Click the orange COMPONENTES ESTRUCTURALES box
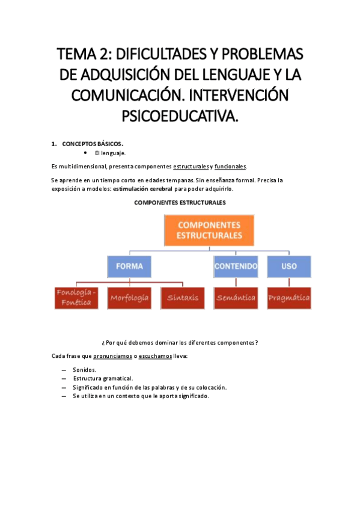click(209, 230)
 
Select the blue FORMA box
click(129, 266)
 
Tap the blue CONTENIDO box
click(236, 266)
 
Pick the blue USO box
click(289, 266)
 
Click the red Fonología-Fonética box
click(76, 298)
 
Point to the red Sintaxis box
click(180, 298)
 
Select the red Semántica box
click(236, 298)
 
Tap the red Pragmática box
click(289, 298)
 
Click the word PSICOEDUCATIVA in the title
click(180, 115)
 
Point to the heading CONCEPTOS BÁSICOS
click(92, 144)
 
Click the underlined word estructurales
click(191, 166)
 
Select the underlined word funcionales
click(230, 166)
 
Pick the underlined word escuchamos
click(157, 356)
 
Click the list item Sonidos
click(84, 370)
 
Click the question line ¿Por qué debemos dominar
click(180, 343)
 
